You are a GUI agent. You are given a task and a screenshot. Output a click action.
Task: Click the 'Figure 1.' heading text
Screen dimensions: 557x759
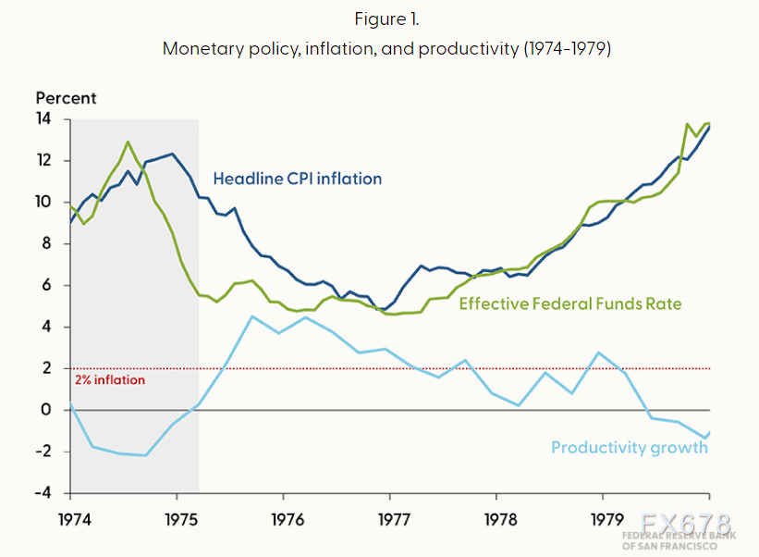point(386,19)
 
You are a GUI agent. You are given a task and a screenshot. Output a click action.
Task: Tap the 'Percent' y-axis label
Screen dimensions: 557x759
point(66,97)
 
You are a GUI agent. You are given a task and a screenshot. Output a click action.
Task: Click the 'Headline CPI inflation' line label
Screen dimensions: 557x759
point(297,179)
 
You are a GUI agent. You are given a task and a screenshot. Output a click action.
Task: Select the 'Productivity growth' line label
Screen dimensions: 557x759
point(630,448)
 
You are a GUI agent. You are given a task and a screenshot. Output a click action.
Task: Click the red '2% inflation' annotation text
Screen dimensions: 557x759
point(110,379)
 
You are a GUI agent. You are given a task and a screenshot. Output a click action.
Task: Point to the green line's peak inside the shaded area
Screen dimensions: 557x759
point(129,142)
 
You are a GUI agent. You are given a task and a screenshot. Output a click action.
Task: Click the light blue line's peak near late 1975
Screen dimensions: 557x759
point(252,316)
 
